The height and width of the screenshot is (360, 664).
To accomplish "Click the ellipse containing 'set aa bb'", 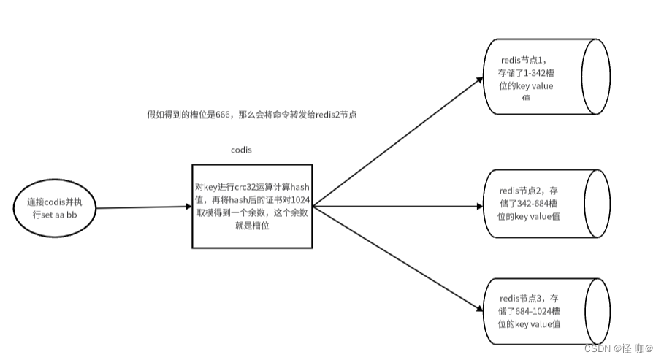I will tap(55, 207).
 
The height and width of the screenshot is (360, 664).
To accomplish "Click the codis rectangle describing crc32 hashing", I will tap(252, 206).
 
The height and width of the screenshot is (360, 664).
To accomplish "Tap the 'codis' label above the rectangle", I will tap(242, 150).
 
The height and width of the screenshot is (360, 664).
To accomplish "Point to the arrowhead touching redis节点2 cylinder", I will tap(478, 206).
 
